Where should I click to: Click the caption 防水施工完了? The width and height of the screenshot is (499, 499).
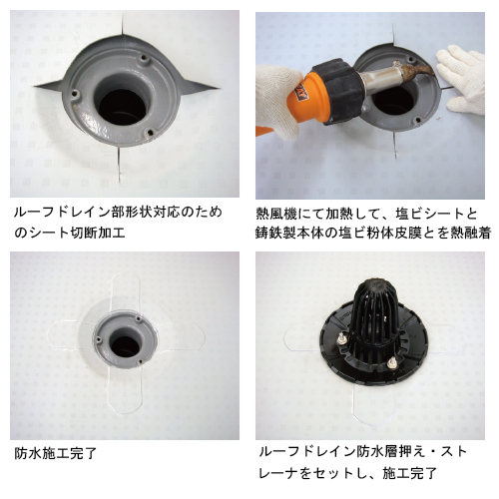pyautogui.click(x=56, y=453)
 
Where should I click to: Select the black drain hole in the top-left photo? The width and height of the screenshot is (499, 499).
pyautogui.click(x=123, y=107)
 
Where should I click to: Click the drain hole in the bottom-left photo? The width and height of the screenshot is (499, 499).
pyautogui.click(x=126, y=346)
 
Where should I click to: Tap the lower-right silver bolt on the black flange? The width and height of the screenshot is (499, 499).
pyautogui.click(x=392, y=362)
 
